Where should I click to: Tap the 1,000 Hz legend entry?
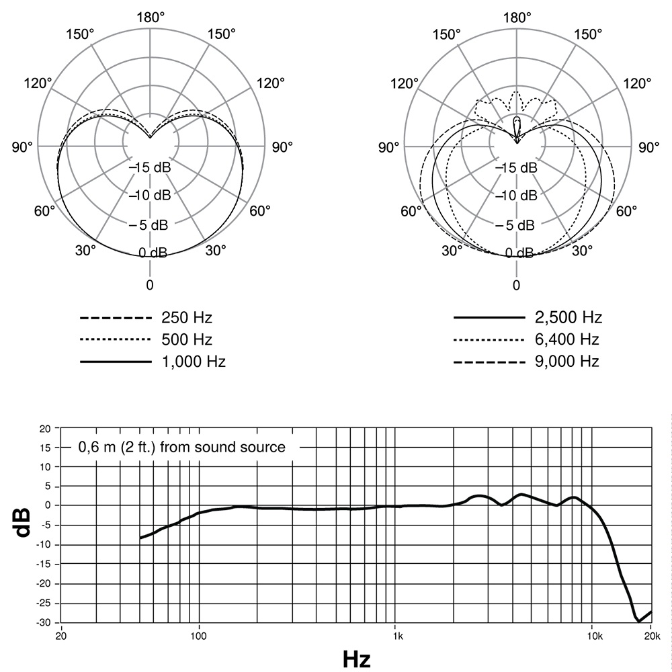tap(194, 362)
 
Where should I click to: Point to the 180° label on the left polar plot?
tap(150, 17)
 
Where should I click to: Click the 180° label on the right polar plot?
tap(517, 17)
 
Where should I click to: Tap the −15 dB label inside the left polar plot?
tap(150, 167)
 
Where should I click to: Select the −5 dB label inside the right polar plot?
tap(517, 224)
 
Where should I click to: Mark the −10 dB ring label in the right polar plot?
tap(517, 196)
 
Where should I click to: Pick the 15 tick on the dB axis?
tap(46, 447)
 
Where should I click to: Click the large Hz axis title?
tap(356, 659)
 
